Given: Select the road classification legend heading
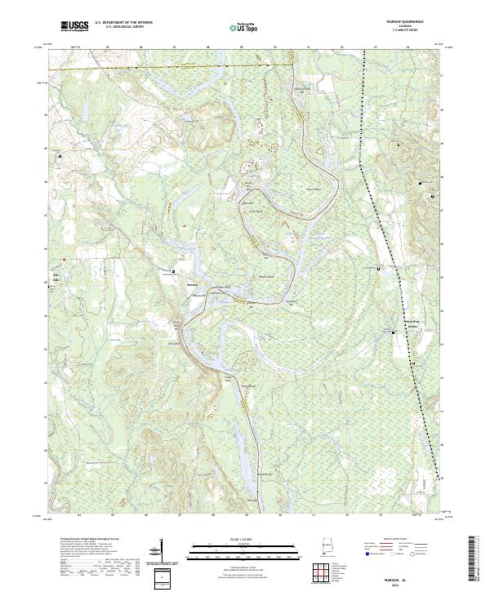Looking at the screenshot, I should point(397,540).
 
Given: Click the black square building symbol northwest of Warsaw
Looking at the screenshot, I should point(173,270).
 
